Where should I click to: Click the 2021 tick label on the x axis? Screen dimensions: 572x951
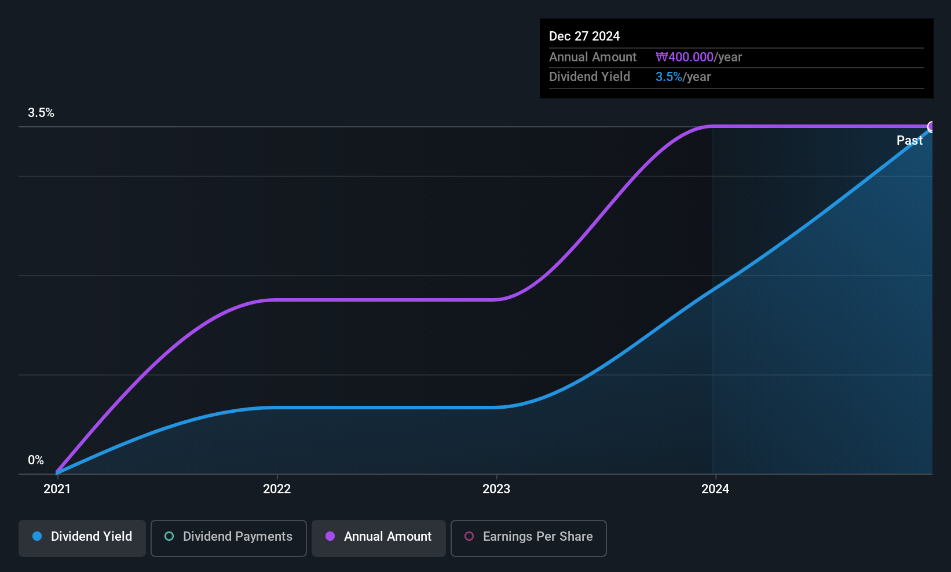click(x=57, y=489)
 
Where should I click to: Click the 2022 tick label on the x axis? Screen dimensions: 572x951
click(x=277, y=489)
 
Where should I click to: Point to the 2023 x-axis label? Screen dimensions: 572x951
click(x=496, y=489)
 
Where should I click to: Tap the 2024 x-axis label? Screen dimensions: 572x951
click(x=715, y=489)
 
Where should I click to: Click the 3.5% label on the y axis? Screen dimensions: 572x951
click(x=41, y=113)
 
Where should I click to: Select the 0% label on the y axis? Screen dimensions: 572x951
click(x=36, y=460)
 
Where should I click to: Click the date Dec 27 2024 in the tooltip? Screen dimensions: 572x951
click(x=584, y=36)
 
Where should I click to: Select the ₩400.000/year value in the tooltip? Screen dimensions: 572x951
click(x=698, y=57)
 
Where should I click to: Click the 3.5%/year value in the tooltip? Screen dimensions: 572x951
click(x=683, y=77)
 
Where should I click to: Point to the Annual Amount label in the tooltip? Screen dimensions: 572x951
click(x=592, y=57)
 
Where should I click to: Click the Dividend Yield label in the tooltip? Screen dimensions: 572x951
click(x=590, y=77)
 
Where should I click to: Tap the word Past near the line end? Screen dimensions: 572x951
click(x=909, y=140)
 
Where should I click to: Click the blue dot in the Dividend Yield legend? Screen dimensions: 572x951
click(x=37, y=536)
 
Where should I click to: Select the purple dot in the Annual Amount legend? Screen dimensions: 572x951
click(x=330, y=536)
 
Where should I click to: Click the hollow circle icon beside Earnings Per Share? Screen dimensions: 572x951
click(x=469, y=536)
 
